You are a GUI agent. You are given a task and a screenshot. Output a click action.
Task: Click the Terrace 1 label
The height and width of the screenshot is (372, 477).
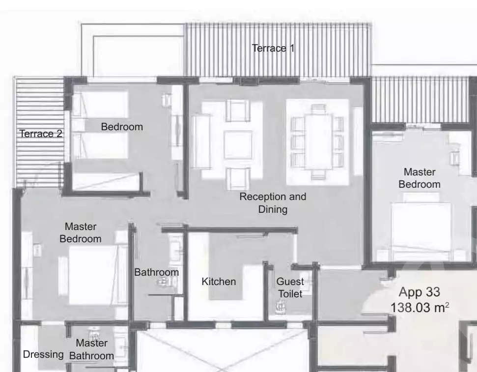[x=273, y=48]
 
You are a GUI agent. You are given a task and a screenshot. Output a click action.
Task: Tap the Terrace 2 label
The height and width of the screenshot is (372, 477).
[x=41, y=134]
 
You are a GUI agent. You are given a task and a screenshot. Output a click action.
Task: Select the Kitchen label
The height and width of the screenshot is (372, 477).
[x=219, y=282]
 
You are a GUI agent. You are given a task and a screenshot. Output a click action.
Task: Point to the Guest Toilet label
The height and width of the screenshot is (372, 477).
[x=290, y=287]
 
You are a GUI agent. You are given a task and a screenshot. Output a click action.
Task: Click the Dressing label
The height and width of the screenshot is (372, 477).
[x=43, y=354]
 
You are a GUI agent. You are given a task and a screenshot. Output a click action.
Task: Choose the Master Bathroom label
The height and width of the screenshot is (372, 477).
[x=91, y=349]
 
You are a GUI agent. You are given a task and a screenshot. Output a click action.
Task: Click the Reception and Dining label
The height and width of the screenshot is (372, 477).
[x=273, y=203]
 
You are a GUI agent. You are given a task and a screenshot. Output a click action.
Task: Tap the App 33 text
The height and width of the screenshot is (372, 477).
[x=419, y=292]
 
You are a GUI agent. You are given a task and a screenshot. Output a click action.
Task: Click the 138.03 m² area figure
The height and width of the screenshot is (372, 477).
[x=420, y=308]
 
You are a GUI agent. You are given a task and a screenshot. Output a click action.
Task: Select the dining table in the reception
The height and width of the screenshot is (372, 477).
[x=318, y=141]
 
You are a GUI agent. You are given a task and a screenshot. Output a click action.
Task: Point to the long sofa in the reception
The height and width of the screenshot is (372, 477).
[x=201, y=141]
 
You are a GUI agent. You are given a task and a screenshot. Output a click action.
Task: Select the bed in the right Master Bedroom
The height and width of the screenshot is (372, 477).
[x=421, y=231]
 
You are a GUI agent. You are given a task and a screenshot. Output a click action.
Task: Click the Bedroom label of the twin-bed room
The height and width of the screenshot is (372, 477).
[x=122, y=127]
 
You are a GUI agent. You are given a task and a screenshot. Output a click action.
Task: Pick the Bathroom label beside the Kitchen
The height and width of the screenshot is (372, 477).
[x=156, y=272]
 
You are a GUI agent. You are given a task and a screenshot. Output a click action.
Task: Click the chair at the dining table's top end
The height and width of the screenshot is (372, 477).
[x=318, y=109]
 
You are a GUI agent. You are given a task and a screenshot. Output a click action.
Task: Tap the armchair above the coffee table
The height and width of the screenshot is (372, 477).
[x=238, y=110]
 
